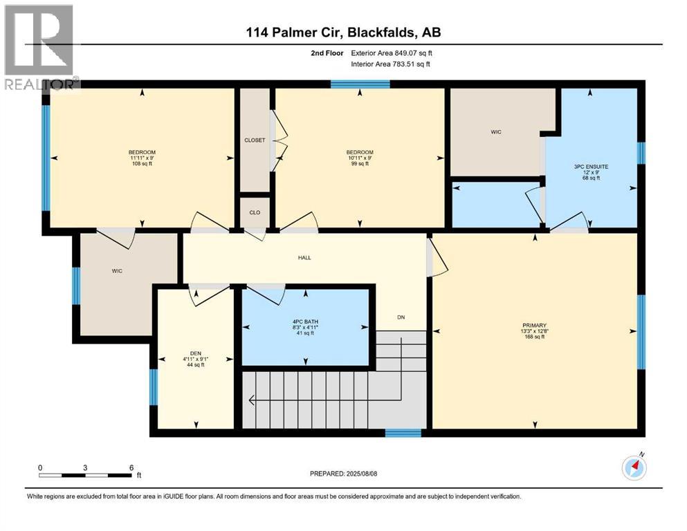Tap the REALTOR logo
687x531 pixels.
coord(39,48)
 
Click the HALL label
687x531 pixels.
coord(304,258)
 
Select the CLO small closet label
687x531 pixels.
coord(255,212)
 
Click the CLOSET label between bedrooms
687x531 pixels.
coord(255,140)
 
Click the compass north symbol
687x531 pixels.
coord(634,467)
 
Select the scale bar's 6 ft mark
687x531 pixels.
coord(131,467)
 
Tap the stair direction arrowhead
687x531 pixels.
coord(252,399)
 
